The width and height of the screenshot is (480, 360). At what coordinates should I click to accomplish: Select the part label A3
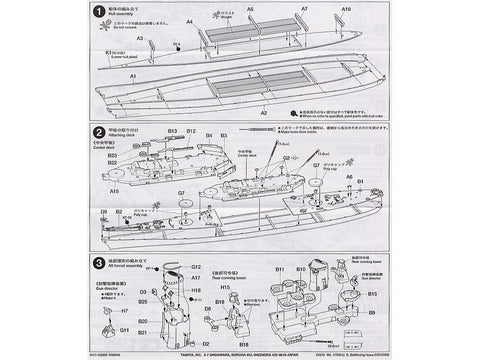point(140,39)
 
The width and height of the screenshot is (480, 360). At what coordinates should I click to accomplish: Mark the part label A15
point(114,189)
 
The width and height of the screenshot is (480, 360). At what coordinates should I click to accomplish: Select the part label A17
point(197,277)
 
